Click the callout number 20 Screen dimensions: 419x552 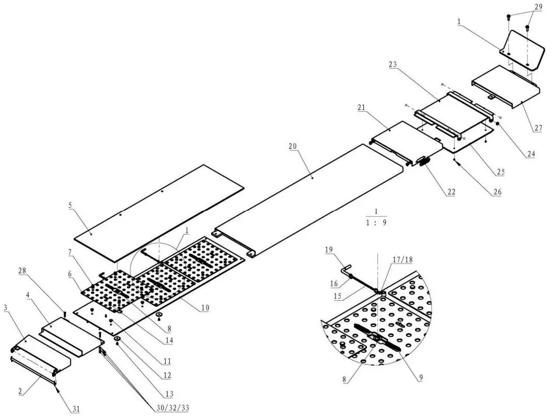(x=292, y=147)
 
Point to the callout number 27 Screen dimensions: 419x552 (x=538, y=128)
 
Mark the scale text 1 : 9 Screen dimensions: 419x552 (x=376, y=223)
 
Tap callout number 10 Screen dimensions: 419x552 (x=205, y=308)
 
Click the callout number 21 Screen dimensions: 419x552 (x=362, y=107)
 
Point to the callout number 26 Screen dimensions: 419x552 (x=497, y=192)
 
